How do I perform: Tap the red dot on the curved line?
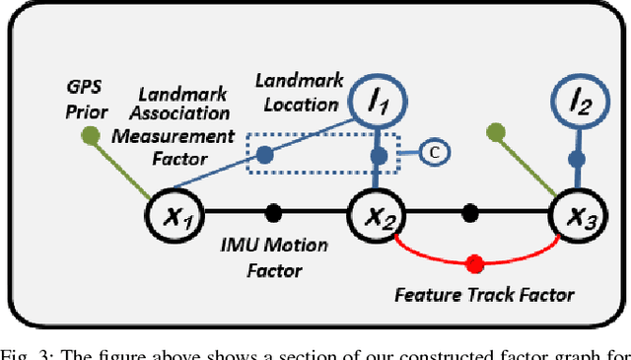(x=474, y=264)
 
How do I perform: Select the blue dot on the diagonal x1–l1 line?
(x=265, y=155)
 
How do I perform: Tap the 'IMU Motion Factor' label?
(x=272, y=259)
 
